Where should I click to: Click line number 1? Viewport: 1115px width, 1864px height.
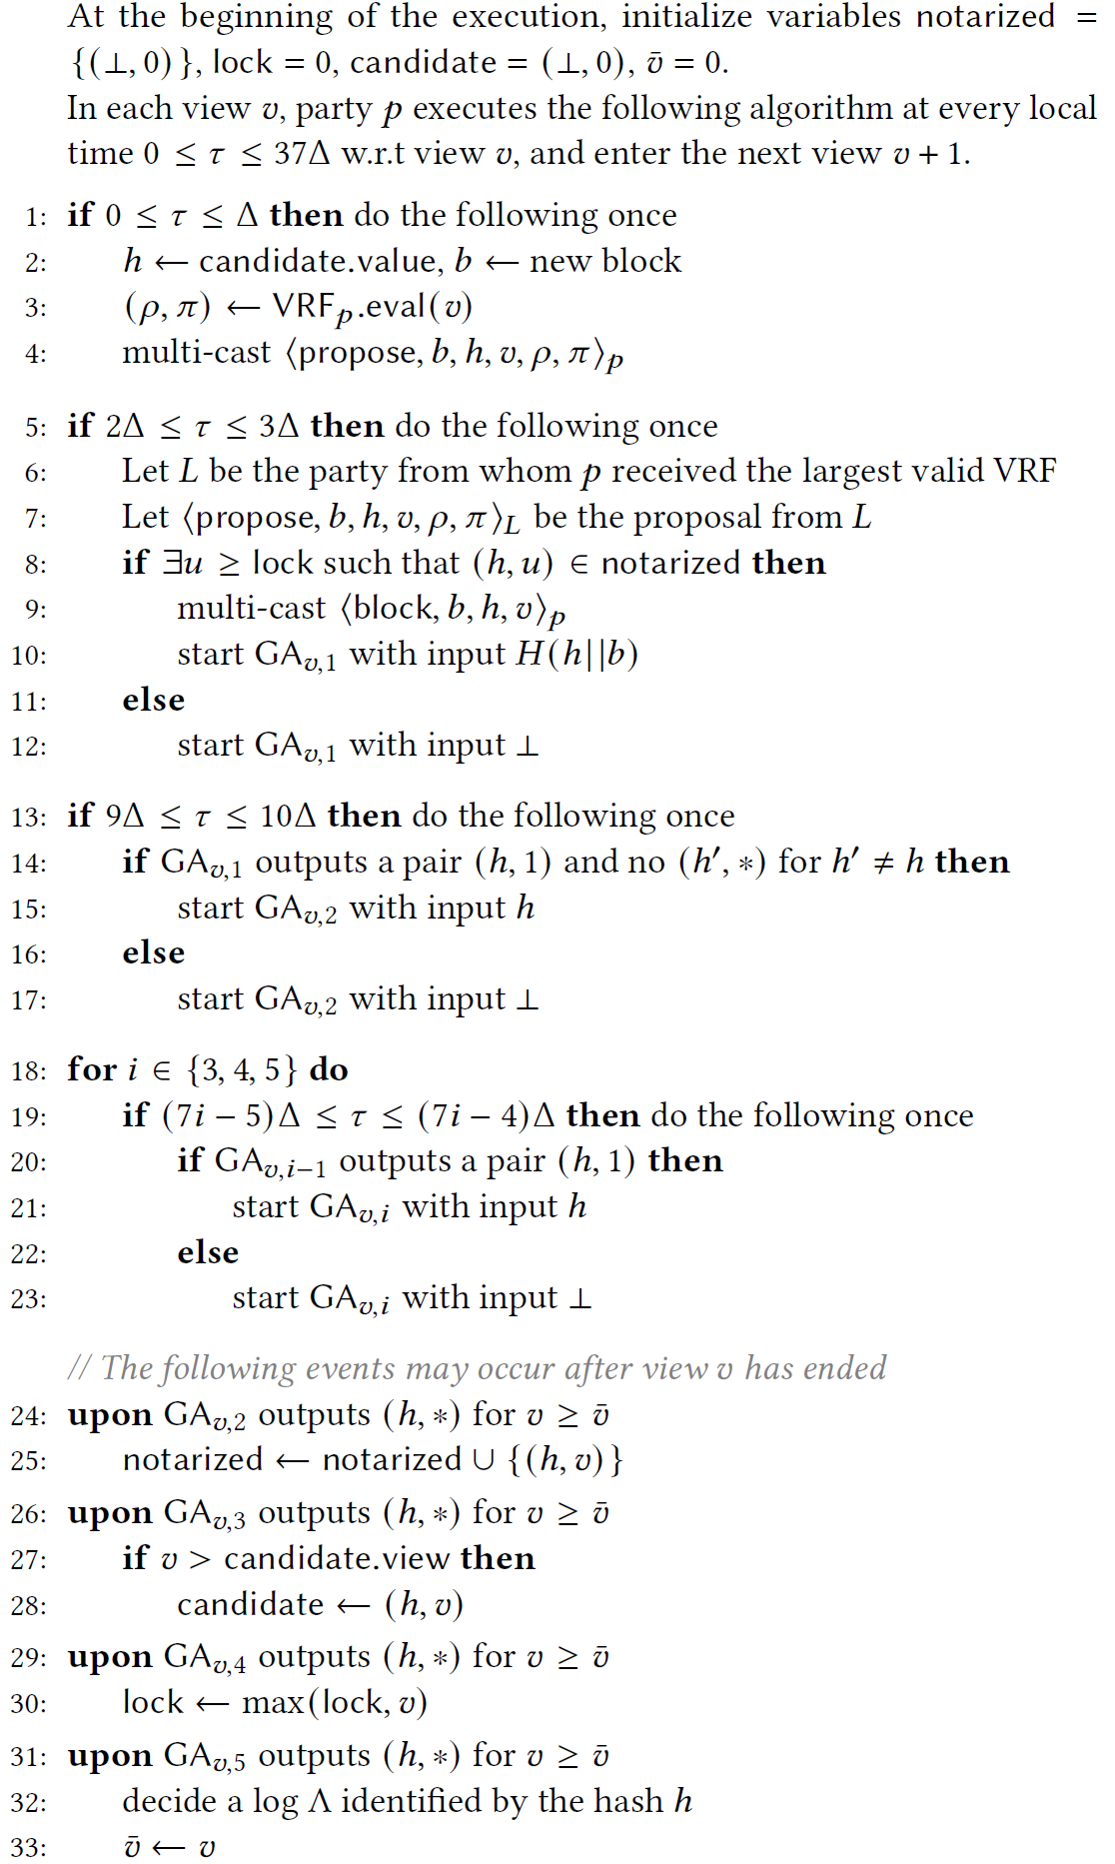click(x=36, y=217)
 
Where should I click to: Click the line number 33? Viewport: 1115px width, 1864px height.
click(x=29, y=1847)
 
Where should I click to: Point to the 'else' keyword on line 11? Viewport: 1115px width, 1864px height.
click(x=153, y=700)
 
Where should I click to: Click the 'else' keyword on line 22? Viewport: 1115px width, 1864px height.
click(x=208, y=1252)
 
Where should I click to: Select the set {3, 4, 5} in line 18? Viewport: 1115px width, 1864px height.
click(x=242, y=1070)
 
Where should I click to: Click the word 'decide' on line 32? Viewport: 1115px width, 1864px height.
click(x=167, y=1801)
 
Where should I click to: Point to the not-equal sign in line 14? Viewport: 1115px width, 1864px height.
click(x=883, y=863)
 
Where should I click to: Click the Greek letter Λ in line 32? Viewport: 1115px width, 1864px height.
click(x=320, y=1801)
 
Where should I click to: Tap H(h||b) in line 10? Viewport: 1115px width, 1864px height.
click(x=576, y=654)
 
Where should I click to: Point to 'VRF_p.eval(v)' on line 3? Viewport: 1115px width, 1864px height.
click(x=372, y=308)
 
